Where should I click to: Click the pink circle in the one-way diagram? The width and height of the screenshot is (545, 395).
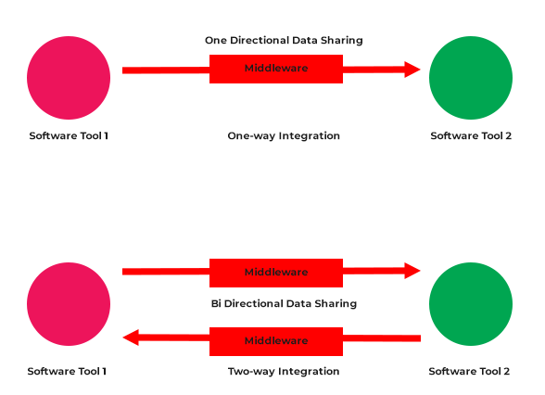click(x=69, y=78)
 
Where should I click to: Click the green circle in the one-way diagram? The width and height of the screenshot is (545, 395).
click(x=471, y=78)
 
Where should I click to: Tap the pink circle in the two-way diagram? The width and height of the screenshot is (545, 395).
click(x=69, y=304)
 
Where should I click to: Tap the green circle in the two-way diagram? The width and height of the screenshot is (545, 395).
click(x=471, y=304)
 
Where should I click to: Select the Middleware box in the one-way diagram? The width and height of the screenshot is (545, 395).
click(x=276, y=69)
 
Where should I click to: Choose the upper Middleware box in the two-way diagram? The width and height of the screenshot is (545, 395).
click(x=276, y=273)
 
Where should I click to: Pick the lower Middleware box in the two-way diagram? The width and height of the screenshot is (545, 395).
click(x=276, y=341)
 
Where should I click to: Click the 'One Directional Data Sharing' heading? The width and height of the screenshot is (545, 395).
click(x=284, y=41)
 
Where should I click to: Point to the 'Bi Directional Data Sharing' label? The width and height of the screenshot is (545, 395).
click(x=284, y=303)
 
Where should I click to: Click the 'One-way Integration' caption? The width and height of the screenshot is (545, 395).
click(x=284, y=136)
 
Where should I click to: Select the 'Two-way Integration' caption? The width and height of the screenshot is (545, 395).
click(x=284, y=372)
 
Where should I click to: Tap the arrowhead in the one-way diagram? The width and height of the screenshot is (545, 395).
click(x=412, y=69)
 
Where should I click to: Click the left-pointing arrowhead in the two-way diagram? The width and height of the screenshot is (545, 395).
click(x=132, y=338)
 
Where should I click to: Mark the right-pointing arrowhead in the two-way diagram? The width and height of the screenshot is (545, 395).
click(x=412, y=271)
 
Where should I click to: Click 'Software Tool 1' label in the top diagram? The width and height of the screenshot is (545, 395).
click(x=69, y=136)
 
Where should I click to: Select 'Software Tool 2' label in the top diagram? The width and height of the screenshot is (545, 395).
click(x=471, y=136)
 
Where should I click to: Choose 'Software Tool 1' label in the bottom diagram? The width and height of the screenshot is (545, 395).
click(x=67, y=372)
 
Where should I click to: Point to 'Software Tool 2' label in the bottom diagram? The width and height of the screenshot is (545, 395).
click(x=469, y=372)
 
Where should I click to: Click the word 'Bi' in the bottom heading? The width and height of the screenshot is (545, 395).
click(x=217, y=303)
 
